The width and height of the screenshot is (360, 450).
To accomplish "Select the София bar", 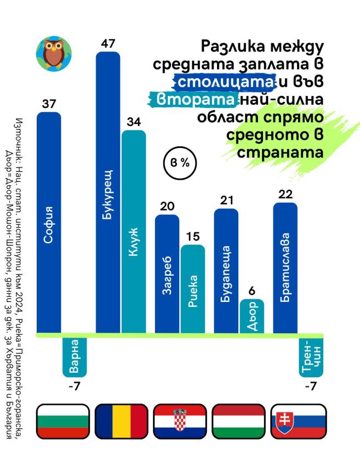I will [49, 222].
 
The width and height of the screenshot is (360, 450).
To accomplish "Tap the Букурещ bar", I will [108, 192].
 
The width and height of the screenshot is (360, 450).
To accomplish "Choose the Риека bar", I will [193, 288].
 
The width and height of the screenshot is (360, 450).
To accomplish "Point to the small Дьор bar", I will [252, 316].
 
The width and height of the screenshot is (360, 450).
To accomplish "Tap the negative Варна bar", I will [74, 355].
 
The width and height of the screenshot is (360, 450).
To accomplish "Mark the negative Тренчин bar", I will [311, 355].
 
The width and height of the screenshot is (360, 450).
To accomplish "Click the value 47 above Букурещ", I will [108, 44].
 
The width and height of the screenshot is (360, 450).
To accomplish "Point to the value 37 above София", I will [49, 104].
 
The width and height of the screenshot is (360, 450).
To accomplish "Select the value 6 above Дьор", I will [252, 291].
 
